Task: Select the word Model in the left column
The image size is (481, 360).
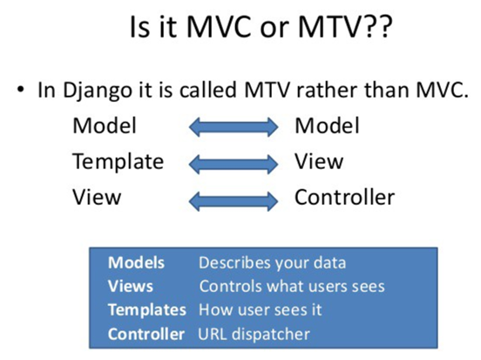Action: tap(105, 126)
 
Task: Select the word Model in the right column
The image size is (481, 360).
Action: tap(327, 126)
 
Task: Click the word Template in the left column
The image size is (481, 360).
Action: tap(118, 161)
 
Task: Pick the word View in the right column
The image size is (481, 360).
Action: tap(319, 161)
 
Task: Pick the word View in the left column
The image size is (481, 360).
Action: tap(97, 197)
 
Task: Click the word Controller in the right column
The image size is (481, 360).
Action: tap(344, 197)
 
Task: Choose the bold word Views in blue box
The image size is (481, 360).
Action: tap(131, 286)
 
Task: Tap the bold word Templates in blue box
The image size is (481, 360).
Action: tap(146, 309)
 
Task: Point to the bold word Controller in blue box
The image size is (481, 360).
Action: tap(146, 333)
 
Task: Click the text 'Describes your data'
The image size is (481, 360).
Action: tap(273, 262)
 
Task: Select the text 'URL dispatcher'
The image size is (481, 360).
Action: tap(254, 333)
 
